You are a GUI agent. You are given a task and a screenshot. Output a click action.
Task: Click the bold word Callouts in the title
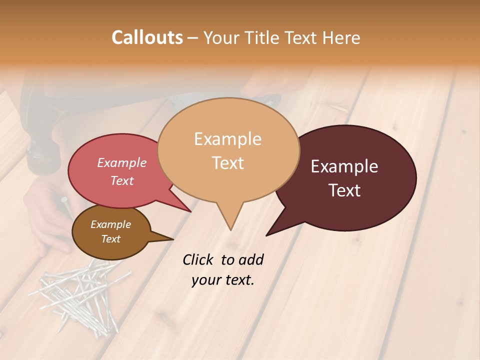point(147,37)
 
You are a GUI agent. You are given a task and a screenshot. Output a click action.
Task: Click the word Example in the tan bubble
point(227,139)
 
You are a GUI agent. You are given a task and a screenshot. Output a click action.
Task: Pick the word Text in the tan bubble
point(227,163)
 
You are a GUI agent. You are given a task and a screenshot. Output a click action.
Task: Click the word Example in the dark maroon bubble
point(344,166)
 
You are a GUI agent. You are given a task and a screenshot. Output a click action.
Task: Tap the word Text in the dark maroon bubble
point(344,190)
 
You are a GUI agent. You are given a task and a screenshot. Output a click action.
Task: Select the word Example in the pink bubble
point(122,163)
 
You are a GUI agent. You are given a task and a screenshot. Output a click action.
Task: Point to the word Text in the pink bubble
point(122,181)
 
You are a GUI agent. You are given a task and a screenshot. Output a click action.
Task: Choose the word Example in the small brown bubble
point(110,224)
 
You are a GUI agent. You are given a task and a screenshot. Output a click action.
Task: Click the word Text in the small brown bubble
point(110,239)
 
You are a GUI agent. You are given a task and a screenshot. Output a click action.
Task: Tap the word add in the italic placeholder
point(251,259)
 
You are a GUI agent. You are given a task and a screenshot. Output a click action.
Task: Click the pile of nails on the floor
point(82,295)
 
